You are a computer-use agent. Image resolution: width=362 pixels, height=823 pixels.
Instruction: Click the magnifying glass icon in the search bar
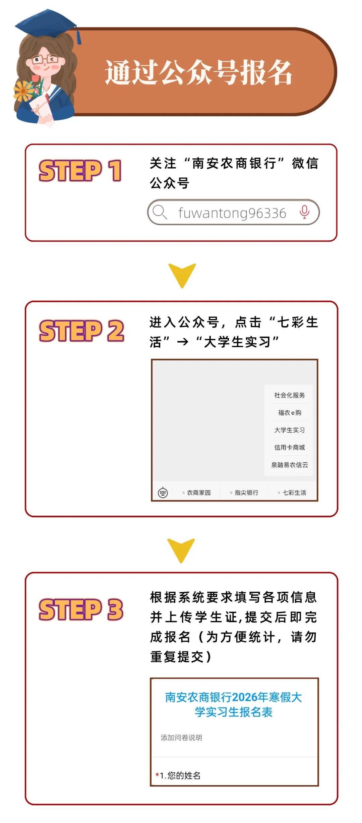click(159, 212)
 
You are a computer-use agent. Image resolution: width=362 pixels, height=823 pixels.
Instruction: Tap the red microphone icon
click(304, 212)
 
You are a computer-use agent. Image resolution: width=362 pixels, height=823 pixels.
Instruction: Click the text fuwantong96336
click(232, 213)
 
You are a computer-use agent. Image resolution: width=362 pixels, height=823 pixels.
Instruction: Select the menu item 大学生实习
click(289, 430)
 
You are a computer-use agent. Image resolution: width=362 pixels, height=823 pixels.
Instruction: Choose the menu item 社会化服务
click(289, 395)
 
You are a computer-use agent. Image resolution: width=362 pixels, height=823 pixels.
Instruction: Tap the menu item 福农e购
click(289, 413)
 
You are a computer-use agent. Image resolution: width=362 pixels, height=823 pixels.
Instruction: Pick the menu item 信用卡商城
click(289, 448)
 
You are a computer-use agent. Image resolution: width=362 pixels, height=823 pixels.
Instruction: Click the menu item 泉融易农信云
click(289, 465)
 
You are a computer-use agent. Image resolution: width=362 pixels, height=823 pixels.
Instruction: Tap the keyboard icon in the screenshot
click(163, 492)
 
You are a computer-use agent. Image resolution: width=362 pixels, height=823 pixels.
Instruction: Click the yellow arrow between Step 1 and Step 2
click(182, 275)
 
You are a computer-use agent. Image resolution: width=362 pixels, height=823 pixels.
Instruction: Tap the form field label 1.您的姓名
click(180, 775)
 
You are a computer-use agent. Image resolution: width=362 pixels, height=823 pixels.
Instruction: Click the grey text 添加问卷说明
click(181, 738)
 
